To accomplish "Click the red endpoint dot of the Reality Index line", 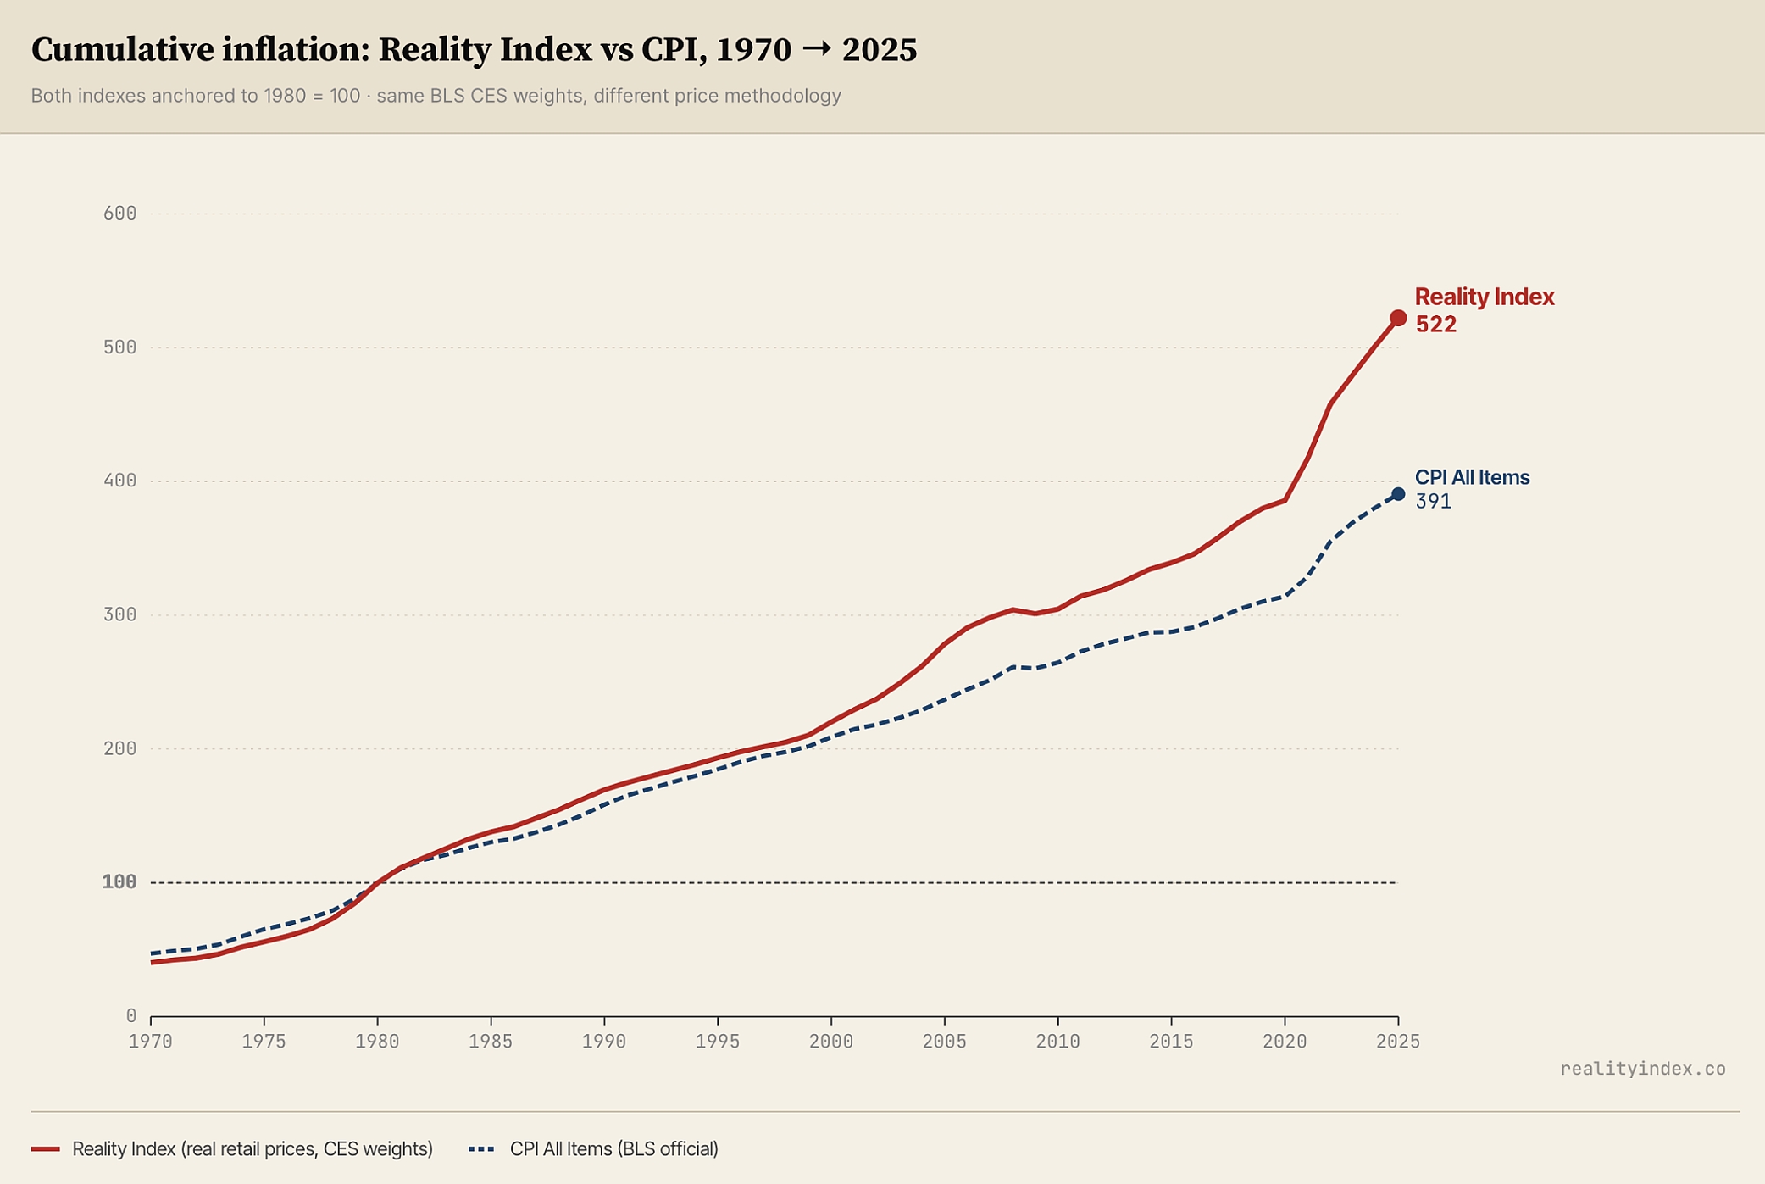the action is tap(1398, 318).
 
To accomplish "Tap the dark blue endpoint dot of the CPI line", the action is tap(1398, 494).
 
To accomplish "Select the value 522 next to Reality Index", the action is tap(1435, 325).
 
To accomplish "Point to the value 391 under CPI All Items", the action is tap(1433, 502).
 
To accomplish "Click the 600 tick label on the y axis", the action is tap(119, 214).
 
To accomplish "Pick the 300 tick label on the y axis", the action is tap(119, 614).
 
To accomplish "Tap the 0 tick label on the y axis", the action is tap(130, 1016).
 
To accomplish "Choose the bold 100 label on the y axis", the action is tap(119, 882).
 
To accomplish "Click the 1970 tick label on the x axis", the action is tap(151, 1042).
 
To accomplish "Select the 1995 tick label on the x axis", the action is tap(718, 1042).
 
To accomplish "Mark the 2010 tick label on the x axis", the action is tap(1058, 1042).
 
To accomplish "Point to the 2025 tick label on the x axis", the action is tap(1398, 1042).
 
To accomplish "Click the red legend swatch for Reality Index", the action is tap(46, 1149).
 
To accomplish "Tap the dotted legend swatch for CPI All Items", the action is tap(481, 1149).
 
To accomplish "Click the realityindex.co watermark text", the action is tap(1643, 1070).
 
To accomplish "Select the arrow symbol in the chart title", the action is tap(816, 50).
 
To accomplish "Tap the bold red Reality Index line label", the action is tap(1485, 297).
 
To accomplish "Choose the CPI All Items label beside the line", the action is tap(1473, 478).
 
